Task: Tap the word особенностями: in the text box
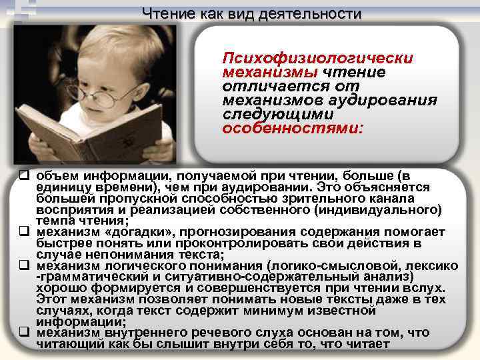(x=293, y=127)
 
